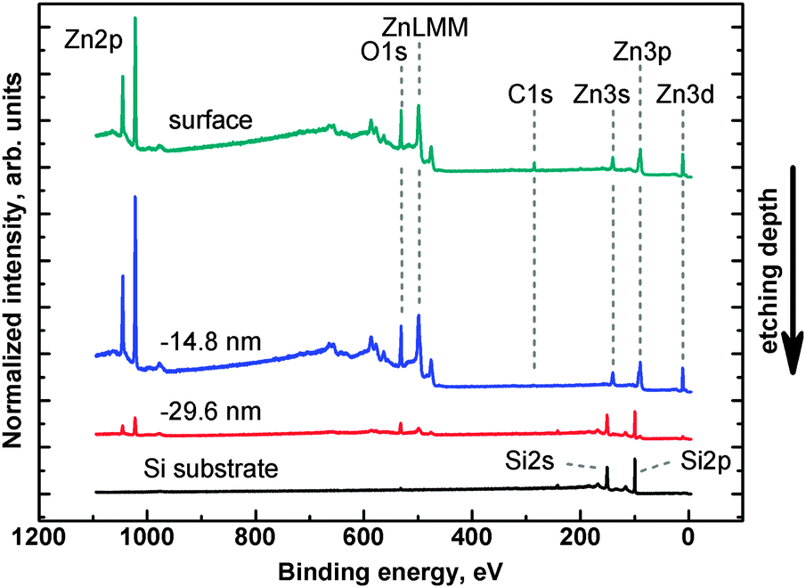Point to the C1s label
click(532, 93)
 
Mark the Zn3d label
click(683, 93)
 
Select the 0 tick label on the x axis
click(688, 537)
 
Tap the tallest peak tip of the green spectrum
click(134, 18)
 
